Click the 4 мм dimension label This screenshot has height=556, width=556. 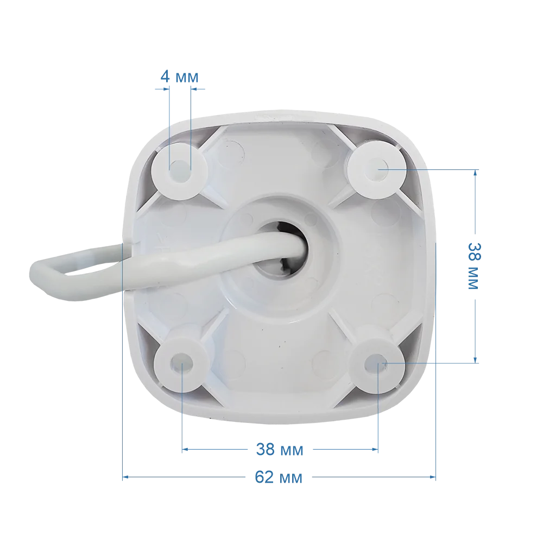coord(179,76)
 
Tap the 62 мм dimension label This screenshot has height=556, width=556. coord(279,477)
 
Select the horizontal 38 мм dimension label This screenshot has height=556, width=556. coord(280,449)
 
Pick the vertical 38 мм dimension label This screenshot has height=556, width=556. coord(473,266)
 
